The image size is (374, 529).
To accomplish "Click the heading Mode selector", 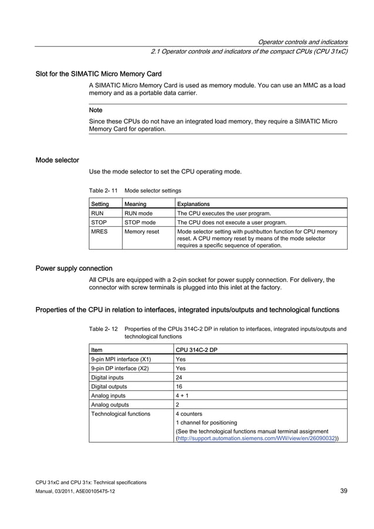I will (57, 160).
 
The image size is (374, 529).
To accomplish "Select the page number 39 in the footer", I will (344, 490).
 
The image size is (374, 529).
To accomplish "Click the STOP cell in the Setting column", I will (97, 223).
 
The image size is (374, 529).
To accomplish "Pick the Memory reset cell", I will (141, 232).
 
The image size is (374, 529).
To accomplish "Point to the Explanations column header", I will (193, 204).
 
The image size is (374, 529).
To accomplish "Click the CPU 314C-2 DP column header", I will (196, 350).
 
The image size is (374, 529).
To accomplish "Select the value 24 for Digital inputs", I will (179, 377).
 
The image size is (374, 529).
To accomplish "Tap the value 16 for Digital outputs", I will (179, 387).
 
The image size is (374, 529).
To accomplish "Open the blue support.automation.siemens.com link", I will (256, 437).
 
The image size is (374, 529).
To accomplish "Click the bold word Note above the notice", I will (96, 110).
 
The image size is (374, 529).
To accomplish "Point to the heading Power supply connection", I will (74, 268).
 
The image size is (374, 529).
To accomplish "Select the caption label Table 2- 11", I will (103, 190).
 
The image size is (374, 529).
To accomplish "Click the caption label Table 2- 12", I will (103, 329).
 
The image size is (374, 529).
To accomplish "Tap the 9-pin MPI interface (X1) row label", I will (121, 359).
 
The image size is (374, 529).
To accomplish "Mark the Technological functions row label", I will (120, 414).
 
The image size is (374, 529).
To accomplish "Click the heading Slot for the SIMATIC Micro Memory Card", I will (98, 74).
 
